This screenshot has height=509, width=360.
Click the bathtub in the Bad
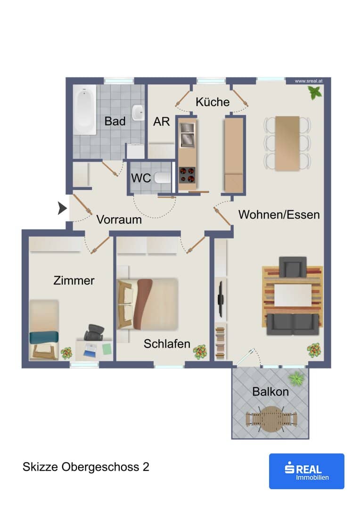click(84, 110)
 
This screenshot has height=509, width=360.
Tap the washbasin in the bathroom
click(138, 113)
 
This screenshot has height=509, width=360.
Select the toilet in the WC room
click(162, 178)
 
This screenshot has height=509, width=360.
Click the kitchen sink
click(187, 135)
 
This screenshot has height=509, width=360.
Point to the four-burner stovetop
click(188, 175)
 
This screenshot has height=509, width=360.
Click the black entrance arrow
click(62, 208)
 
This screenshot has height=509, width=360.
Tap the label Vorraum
click(119, 220)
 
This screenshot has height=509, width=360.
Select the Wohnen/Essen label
click(279, 214)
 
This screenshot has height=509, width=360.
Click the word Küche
click(213, 102)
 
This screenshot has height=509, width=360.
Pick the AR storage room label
click(161, 122)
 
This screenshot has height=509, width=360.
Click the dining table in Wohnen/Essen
click(287, 143)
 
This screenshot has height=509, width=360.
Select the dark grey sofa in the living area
click(293, 324)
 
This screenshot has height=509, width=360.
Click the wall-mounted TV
click(221, 299)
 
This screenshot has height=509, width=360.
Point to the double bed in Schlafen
click(147, 304)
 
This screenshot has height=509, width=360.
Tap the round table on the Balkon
click(271, 419)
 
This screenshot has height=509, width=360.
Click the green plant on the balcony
click(296, 378)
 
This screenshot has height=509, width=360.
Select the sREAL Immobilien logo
click(306, 471)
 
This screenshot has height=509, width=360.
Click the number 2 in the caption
click(146, 467)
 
